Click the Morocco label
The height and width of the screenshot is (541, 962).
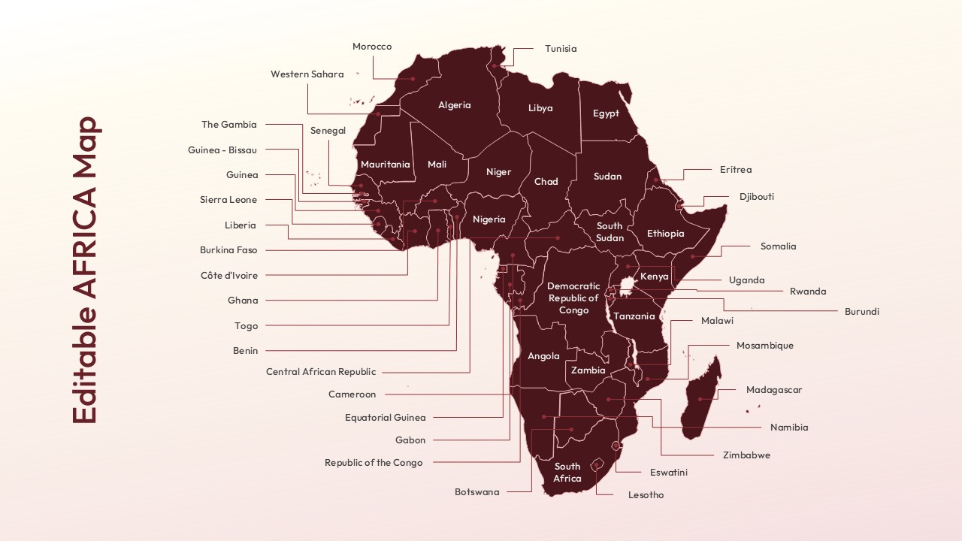pos(372,47)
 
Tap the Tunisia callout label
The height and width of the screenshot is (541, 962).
pos(561,49)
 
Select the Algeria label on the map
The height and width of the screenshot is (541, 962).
pos(454,105)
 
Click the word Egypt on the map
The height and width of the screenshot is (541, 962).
pos(606,113)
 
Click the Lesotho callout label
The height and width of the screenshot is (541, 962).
pos(646,495)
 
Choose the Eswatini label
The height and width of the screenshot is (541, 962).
pos(668,473)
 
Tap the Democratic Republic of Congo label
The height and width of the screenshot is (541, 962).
pos(573,298)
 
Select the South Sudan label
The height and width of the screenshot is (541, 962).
pos(610,231)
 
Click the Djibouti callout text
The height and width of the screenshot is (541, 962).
pos(756,197)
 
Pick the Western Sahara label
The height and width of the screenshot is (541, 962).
pos(307,74)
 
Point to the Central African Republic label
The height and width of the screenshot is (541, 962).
pos(321,372)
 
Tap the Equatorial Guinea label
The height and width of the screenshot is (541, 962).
pos(385,418)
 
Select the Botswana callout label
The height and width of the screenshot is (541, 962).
pos(476,492)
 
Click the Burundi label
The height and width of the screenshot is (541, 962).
pos(861,311)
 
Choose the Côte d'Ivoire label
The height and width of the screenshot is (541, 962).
pos(228,276)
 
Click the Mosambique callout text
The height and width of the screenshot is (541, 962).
pos(764,346)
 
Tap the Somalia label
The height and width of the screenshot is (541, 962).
pos(778,246)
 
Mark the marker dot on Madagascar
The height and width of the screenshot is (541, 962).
pos(700,398)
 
